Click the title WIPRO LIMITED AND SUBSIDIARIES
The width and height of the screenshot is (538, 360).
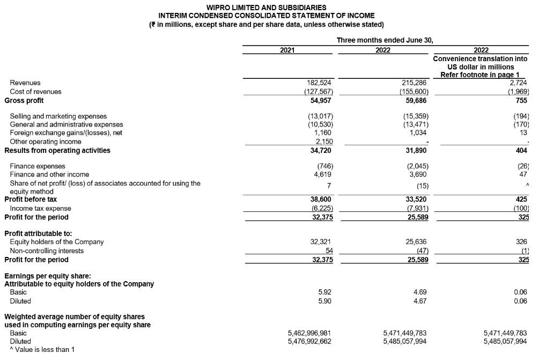(266, 8)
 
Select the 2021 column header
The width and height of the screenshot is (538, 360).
(288, 50)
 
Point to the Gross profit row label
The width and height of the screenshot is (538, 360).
(24, 100)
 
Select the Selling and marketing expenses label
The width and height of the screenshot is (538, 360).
(58, 116)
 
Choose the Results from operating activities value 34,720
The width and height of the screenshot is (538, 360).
(320, 151)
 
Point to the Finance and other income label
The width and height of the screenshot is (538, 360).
(49, 174)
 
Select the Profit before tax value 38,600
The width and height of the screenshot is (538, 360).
(321, 199)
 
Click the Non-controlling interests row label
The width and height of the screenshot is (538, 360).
(47, 251)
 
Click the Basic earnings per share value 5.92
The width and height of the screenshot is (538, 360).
(325, 292)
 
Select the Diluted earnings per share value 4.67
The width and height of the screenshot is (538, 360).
(420, 301)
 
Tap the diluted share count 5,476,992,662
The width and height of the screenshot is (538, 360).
(309, 341)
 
